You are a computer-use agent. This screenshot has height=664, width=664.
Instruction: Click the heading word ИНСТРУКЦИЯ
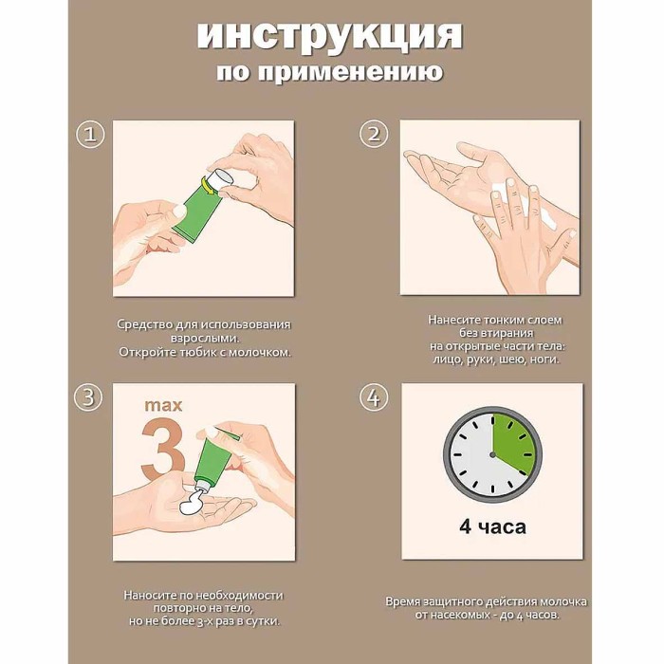329,35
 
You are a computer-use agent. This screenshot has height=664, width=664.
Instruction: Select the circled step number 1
89,135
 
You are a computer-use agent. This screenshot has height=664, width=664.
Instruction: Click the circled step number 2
374,135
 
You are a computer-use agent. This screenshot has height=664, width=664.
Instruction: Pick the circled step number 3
89,398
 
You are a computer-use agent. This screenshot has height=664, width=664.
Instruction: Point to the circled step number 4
374,398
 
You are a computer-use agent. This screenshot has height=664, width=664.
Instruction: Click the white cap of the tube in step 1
220,179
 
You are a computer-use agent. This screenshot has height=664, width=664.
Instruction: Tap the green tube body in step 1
196,211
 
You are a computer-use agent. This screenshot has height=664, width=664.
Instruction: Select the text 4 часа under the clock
492,526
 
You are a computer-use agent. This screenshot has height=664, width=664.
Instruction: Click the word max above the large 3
164,405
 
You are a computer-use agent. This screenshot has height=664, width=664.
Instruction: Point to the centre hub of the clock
491,454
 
